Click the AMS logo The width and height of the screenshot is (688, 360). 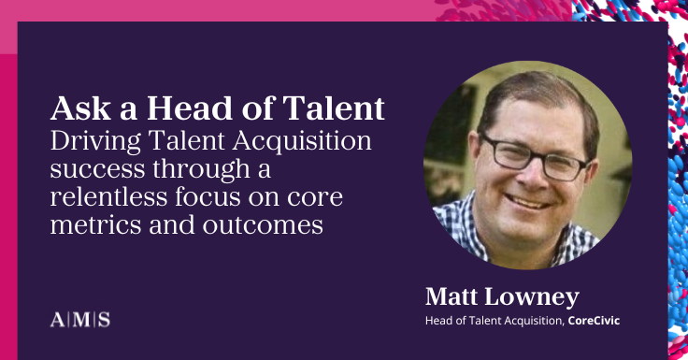pyautogui.click(x=79, y=320)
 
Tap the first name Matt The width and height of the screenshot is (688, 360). pyautogui.click(x=455, y=298)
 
